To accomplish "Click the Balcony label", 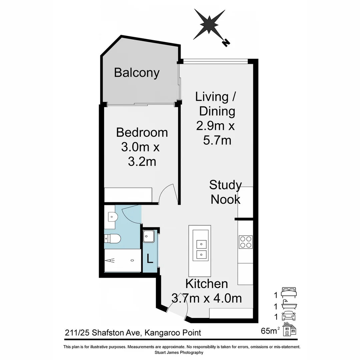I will [x=137, y=73].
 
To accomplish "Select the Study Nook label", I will [x=226, y=192].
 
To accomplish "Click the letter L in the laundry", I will [x=150, y=259].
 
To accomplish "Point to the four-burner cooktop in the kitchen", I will [x=246, y=242].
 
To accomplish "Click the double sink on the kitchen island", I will [x=201, y=249].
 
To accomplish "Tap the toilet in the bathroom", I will [x=112, y=238].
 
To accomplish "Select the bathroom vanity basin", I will [x=112, y=217].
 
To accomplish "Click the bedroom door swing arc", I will [x=168, y=194].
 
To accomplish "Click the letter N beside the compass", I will [x=226, y=43].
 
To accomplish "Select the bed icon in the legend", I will [x=288, y=292].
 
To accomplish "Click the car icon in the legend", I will [x=288, y=315].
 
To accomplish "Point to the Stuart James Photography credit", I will [x=179, y=352].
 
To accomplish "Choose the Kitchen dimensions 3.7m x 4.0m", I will [x=207, y=298].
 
